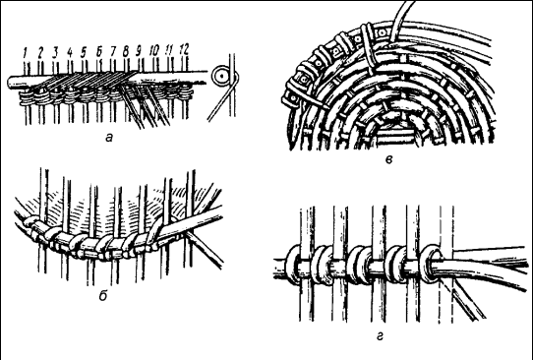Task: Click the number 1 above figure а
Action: tap(25, 52)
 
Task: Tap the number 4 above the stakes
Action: tap(70, 52)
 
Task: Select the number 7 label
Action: tap(113, 51)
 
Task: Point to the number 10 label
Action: tap(154, 50)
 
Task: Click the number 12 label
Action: tap(184, 49)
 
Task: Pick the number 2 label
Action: tap(40, 52)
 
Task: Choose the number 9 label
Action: tap(139, 51)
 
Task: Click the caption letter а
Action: tap(109, 138)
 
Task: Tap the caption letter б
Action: tap(103, 296)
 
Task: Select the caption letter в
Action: tap(389, 159)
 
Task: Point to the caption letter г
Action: tap(380, 336)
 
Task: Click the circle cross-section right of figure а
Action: tap(221, 77)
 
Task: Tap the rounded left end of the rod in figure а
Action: tap(11, 83)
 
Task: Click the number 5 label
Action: tap(84, 52)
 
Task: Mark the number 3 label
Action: tap(55, 52)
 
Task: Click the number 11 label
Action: tap(169, 50)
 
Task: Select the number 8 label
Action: tap(126, 51)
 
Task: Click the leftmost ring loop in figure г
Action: tap(293, 265)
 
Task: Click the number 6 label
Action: tap(98, 52)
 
